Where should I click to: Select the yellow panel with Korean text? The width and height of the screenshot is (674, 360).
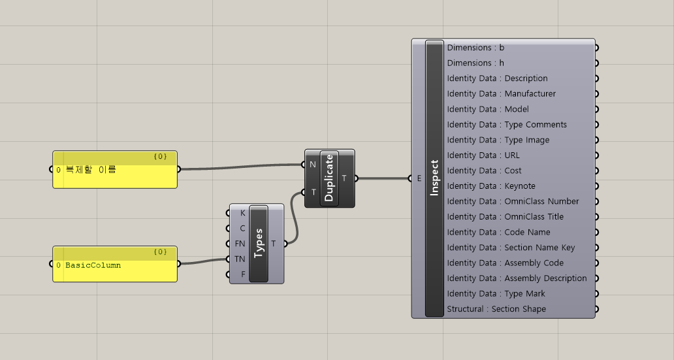click(x=114, y=170)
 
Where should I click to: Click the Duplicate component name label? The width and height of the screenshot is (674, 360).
click(x=329, y=178)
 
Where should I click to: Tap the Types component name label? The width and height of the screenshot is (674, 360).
click(x=259, y=243)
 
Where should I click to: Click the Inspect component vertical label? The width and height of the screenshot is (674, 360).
click(x=434, y=178)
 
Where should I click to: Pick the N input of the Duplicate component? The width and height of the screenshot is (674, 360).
click(x=313, y=165)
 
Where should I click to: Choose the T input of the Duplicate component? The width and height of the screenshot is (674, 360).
click(x=313, y=192)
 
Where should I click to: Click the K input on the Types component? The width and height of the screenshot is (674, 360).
click(x=242, y=213)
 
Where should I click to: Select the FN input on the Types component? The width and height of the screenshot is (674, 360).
click(x=241, y=244)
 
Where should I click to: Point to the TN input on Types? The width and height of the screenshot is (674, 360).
click(x=241, y=259)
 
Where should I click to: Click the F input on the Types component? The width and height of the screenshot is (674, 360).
click(x=242, y=274)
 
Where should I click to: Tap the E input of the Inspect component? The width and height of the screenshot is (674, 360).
click(x=419, y=178)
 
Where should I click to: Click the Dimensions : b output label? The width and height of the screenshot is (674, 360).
click(x=475, y=48)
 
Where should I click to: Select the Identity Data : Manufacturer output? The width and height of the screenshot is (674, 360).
click(x=501, y=94)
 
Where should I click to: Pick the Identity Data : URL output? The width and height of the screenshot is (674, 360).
click(x=483, y=155)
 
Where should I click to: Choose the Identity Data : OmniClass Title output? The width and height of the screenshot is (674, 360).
click(x=505, y=217)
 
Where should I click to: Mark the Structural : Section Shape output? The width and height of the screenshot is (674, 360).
click(x=496, y=309)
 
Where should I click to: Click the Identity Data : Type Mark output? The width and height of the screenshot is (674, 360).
click(x=496, y=294)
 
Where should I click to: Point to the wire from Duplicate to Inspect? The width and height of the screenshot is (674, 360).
click(x=382, y=178)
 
